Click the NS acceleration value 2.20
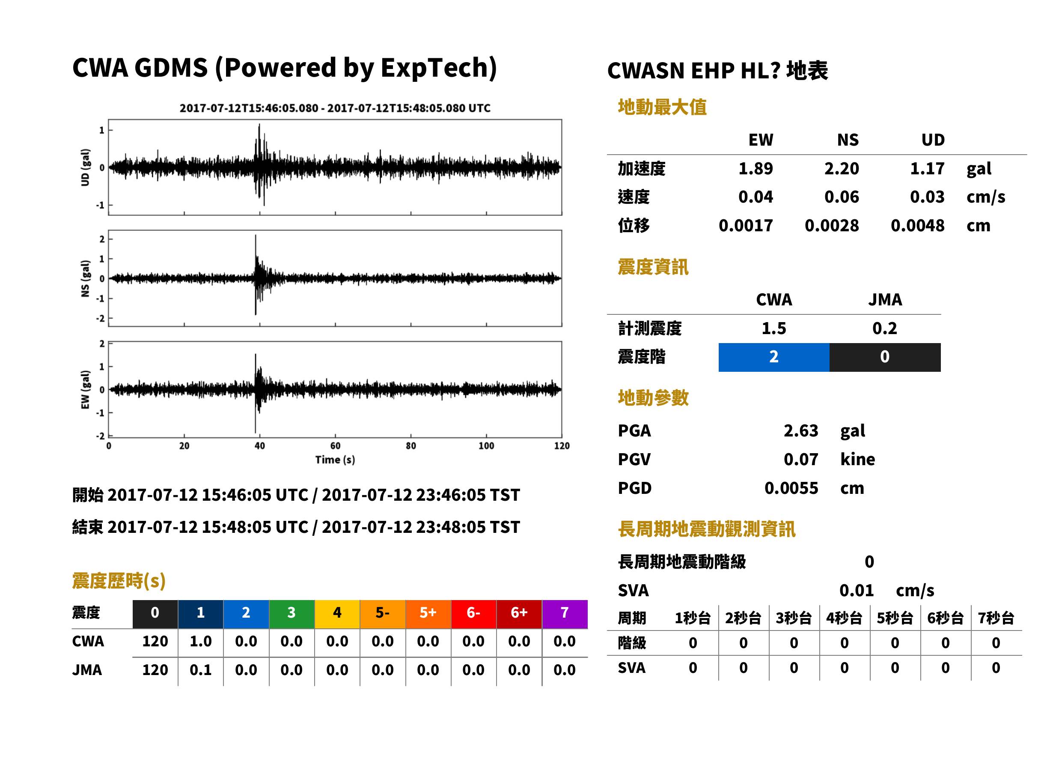pyautogui.click(x=841, y=168)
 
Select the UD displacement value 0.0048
pyautogui.click(x=917, y=225)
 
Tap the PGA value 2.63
pyautogui.click(x=800, y=430)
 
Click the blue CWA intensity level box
pyautogui.click(x=774, y=357)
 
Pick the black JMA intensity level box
pyautogui.click(x=885, y=357)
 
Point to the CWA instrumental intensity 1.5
pyautogui.click(x=774, y=328)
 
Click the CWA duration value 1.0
pyautogui.click(x=200, y=641)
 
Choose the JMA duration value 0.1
pyautogui.click(x=200, y=670)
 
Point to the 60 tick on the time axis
pyautogui.click(x=335, y=446)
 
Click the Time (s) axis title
pyautogui.click(x=335, y=460)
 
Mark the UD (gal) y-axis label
pyautogui.click(x=85, y=167)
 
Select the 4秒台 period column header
pyautogui.click(x=844, y=619)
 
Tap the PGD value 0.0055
pyautogui.click(x=791, y=488)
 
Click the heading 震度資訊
pyautogui.click(x=653, y=267)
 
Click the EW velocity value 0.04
pyautogui.click(x=755, y=197)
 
